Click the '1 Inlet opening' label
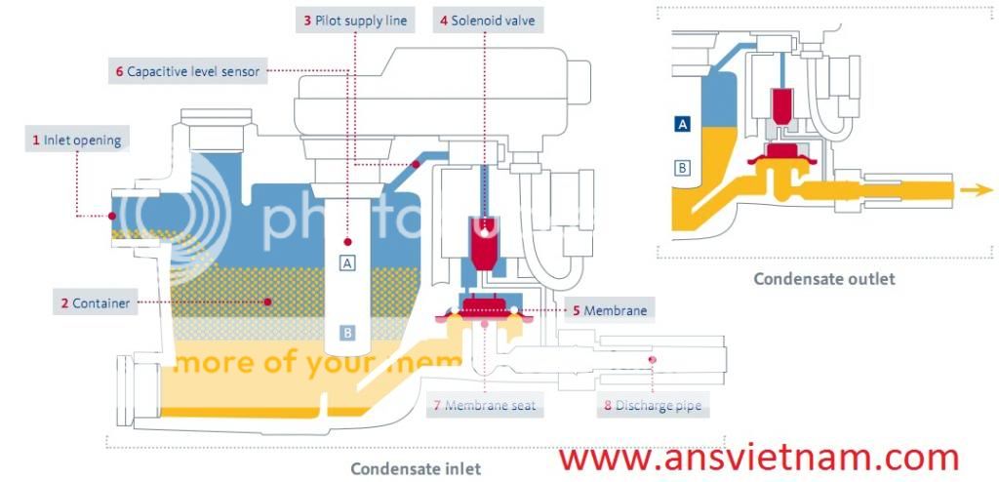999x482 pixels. point(77,140)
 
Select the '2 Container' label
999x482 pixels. point(95,303)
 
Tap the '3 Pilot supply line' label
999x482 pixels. point(355,20)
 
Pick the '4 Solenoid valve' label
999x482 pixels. point(487,20)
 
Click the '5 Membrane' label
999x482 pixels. point(610,310)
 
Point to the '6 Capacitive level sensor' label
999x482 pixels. point(185,71)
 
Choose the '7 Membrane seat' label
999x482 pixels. point(484,405)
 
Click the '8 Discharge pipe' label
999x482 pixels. point(653,405)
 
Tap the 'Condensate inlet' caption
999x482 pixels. point(416,468)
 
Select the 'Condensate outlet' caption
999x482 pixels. point(824,279)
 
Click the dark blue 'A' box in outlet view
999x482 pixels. point(683,124)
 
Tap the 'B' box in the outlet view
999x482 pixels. point(683,168)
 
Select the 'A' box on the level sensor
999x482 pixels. point(347,261)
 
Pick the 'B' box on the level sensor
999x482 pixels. point(347,333)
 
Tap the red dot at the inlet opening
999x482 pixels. point(113,216)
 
